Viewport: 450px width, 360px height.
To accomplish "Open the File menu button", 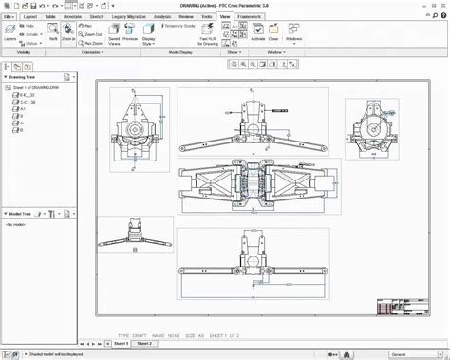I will point(9,17).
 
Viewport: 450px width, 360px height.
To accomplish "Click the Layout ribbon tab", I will point(30,17).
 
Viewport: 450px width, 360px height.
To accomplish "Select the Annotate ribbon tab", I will point(72,17).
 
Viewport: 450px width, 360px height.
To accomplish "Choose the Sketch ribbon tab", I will point(97,17).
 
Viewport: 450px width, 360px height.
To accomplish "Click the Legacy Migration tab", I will point(129,17).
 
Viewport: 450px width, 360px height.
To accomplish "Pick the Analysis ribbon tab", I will point(162,17).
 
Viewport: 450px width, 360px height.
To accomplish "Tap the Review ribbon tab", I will point(186,17).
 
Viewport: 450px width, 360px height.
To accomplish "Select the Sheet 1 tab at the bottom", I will point(122,344).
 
